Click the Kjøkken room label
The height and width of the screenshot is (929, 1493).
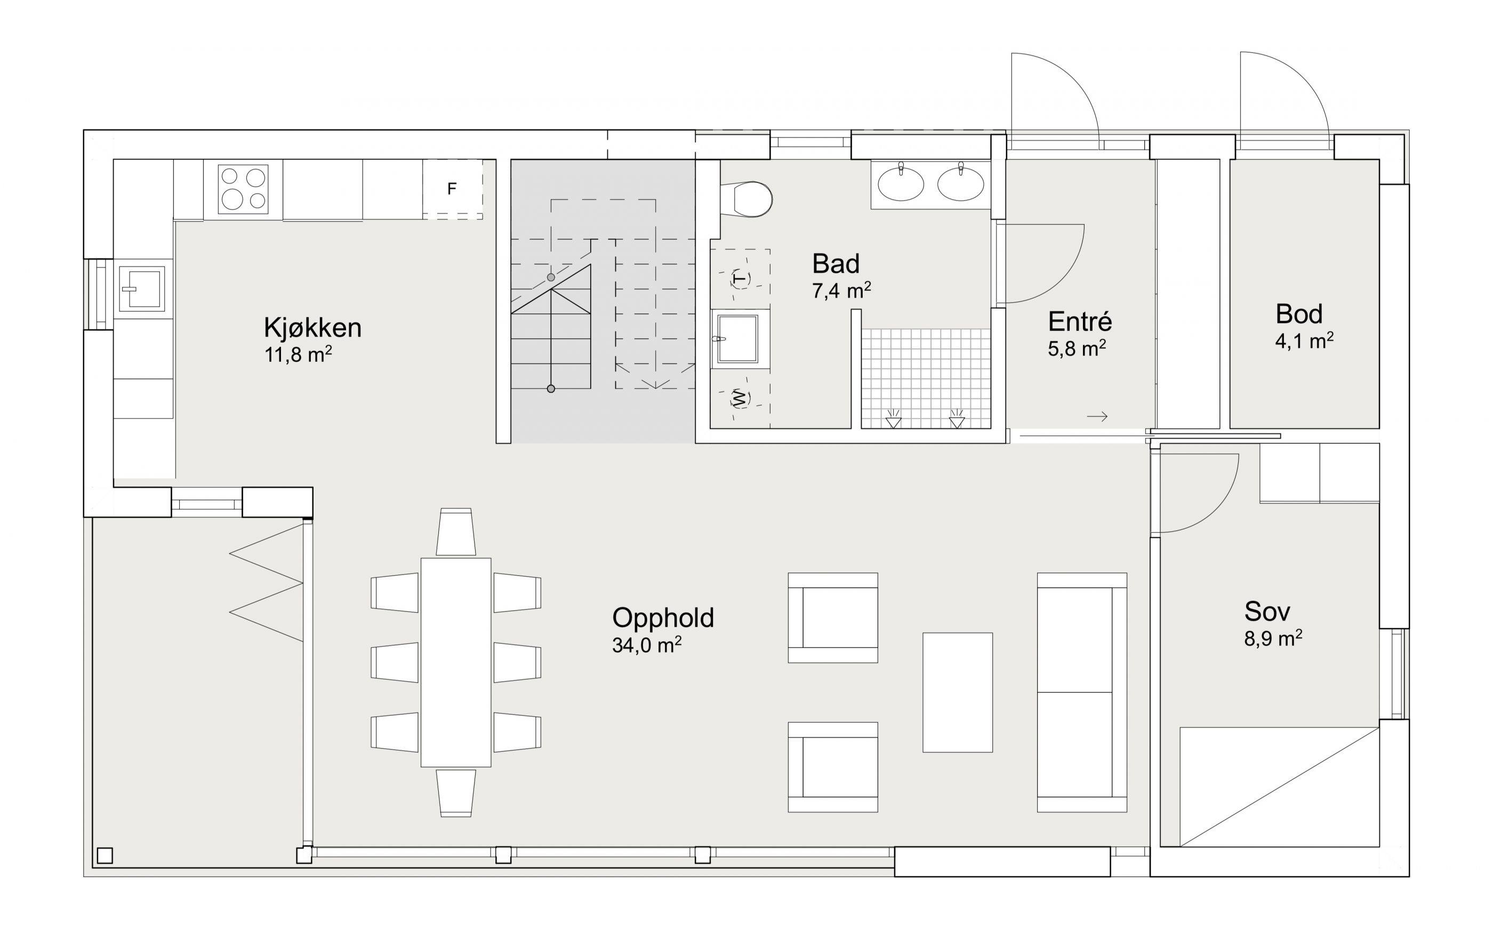(x=312, y=327)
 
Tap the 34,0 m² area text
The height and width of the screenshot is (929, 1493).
(x=647, y=644)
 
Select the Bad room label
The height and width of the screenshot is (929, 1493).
(x=836, y=264)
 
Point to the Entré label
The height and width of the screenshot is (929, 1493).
(x=1079, y=321)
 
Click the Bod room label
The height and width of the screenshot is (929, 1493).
(x=1299, y=314)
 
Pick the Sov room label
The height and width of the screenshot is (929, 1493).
(x=1267, y=611)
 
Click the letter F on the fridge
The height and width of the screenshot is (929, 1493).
(x=452, y=189)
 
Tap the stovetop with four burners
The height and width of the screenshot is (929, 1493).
(x=243, y=189)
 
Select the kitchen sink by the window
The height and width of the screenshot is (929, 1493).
(x=142, y=288)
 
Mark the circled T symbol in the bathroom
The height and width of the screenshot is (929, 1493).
(x=741, y=279)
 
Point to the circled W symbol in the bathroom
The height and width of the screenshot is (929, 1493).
(x=740, y=398)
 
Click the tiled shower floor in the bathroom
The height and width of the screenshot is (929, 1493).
(x=926, y=378)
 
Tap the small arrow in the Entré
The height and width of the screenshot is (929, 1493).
(x=1097, y=417)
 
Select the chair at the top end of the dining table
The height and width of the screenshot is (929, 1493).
(x=455, y=532)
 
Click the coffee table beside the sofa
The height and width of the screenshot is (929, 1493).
(x=957, y=692)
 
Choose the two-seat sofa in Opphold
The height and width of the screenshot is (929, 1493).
(x=1082, y=692)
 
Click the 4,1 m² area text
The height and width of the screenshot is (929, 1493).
(x=1304, y=341)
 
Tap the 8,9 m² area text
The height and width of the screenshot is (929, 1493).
(x=1273, y=639)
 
